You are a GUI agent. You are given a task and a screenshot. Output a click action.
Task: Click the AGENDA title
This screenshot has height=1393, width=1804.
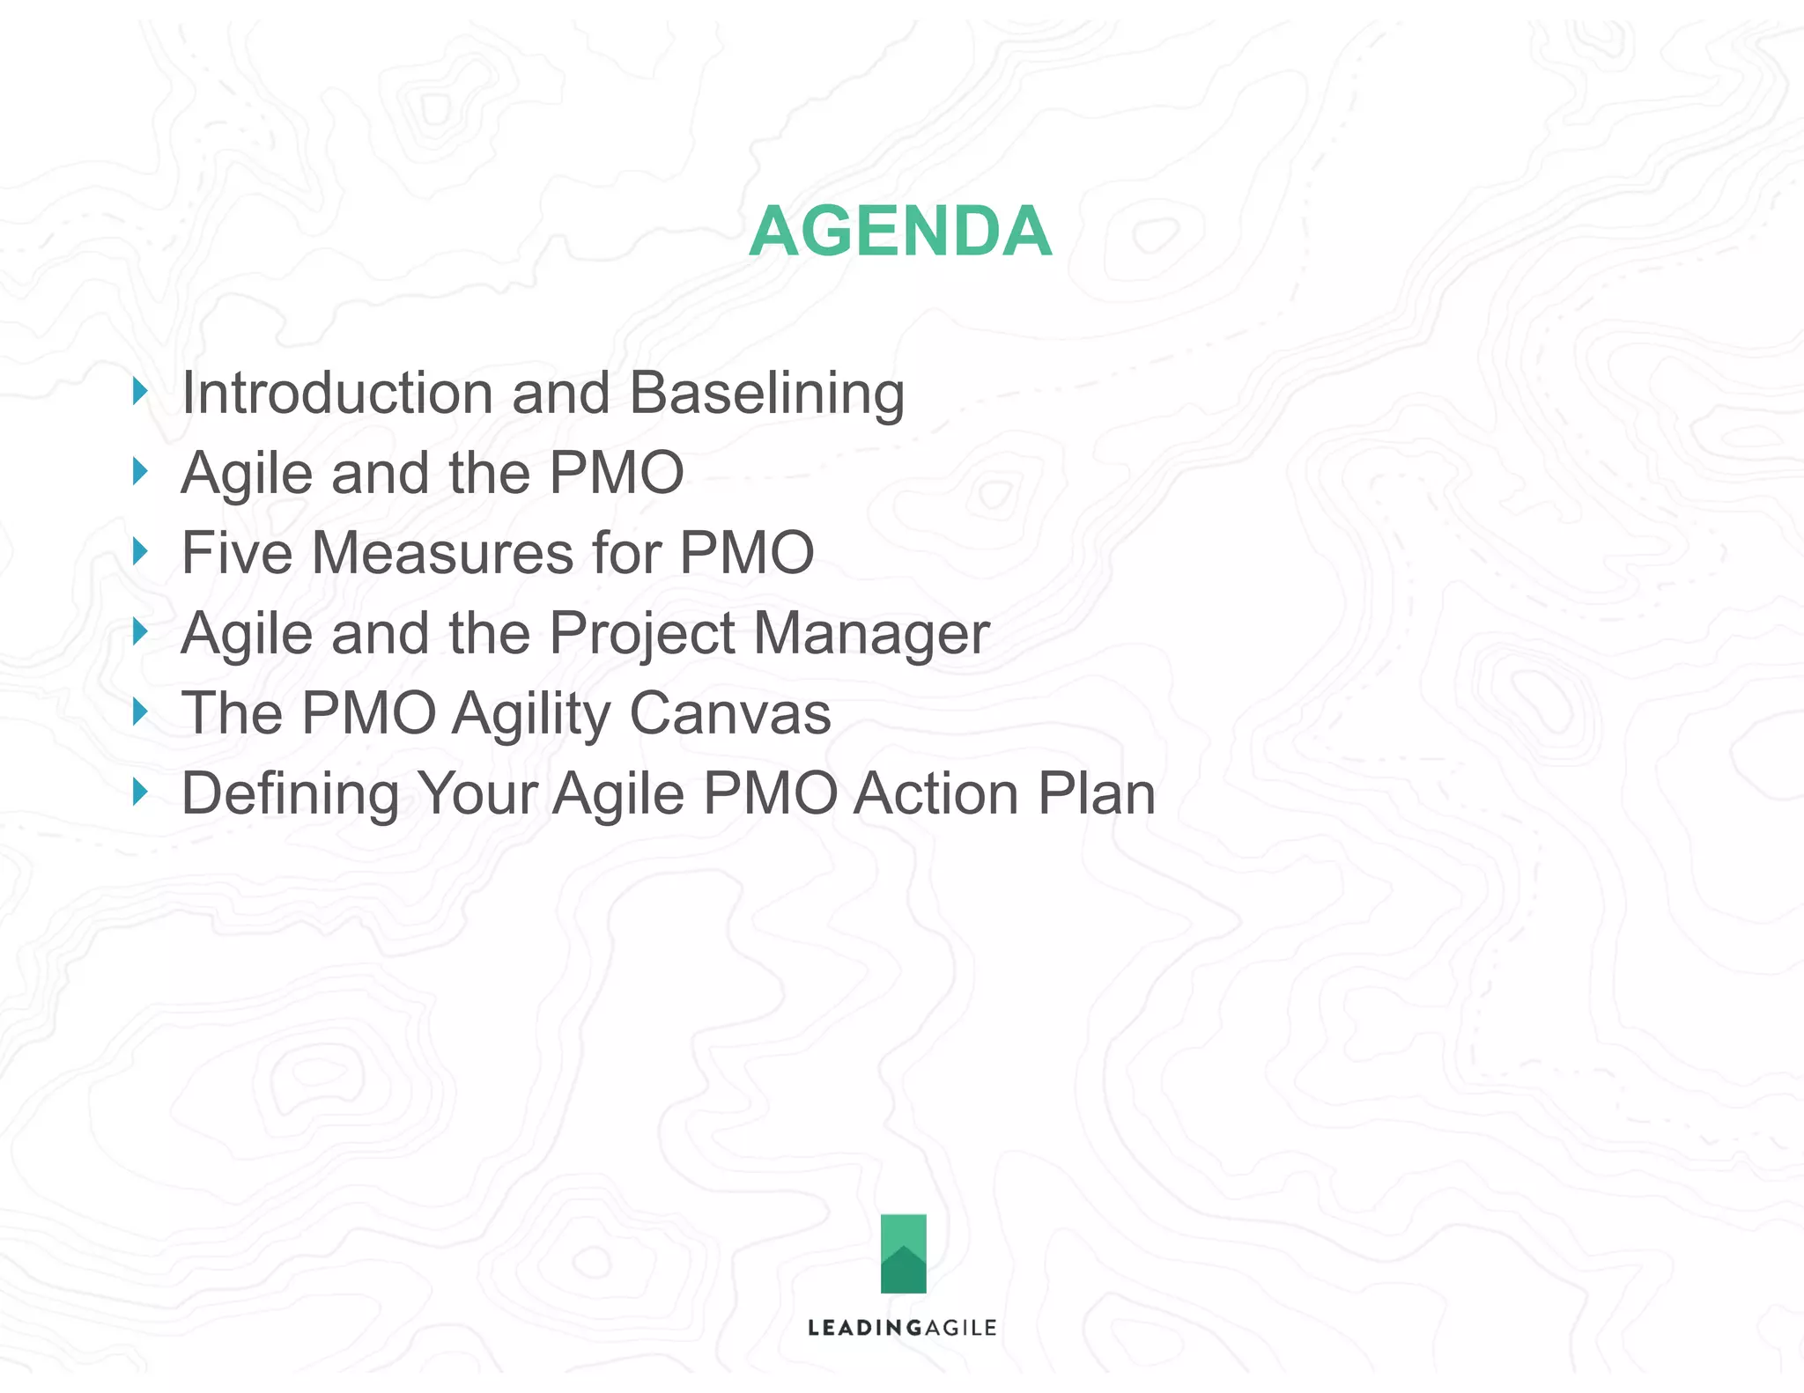(x=900, y=232)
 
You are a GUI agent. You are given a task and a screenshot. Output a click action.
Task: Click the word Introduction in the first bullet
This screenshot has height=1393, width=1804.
(x=336, y=393)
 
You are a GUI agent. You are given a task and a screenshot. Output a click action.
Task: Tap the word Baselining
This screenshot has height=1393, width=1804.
(x=766, y=393)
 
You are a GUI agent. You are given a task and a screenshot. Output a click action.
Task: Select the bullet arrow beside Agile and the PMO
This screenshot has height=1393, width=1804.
(x=140, y=471)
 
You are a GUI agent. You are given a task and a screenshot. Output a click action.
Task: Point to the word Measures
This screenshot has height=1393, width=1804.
(x=442, y=553)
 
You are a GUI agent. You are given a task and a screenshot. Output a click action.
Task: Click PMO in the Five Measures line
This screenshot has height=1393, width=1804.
(x=747, y=553)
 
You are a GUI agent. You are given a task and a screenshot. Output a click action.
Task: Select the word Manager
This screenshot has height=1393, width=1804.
(x=871, y=634)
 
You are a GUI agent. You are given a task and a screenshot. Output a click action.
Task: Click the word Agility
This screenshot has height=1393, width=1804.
(x=530, y=714)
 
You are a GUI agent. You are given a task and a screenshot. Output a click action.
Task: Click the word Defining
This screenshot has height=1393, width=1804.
(x=290, y=794)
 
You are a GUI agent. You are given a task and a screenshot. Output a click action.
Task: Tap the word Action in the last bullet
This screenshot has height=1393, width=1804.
(x=936, y=794)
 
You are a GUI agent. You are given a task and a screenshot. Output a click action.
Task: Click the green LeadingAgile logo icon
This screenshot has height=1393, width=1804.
(x=903, y=1253)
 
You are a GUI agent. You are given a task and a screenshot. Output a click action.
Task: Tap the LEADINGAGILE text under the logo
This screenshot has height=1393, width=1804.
(x=902, y=1328)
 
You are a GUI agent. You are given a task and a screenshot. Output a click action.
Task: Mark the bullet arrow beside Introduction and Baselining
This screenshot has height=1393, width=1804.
(x=140, y=391)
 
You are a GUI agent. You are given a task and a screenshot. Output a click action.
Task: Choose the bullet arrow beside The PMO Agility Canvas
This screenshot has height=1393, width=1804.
(x=140, y=711)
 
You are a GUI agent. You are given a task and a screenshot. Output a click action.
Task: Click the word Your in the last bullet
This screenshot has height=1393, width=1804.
(x=477, y=794)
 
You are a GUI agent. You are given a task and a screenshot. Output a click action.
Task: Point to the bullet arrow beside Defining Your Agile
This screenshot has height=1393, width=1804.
(x=140, y=792)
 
